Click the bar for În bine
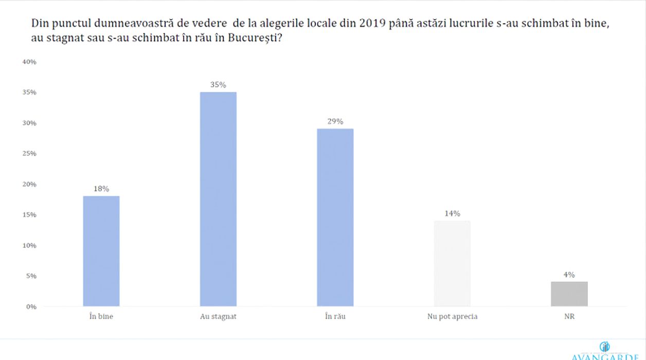(x=101, y=251)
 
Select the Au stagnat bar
(x=218, y=199)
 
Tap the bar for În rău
(x=335, y=217)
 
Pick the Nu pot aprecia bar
(x=452, y=263)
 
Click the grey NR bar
(x=569, y=294)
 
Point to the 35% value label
(x=218, y=85)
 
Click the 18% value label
(x=101, y=189)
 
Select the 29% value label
(x=335, y=121)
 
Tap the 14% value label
(x=452, y=213)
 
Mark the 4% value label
(x=569, y=275)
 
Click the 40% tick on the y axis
(x=29, y=62)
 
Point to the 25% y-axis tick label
(x=29, y=153)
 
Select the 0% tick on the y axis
(x=31, y=307)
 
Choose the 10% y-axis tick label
(x=29, y=245)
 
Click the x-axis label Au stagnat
(x=218, y=317)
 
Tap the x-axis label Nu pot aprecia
(x=452, y=317)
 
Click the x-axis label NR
(x=569, y=317)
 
